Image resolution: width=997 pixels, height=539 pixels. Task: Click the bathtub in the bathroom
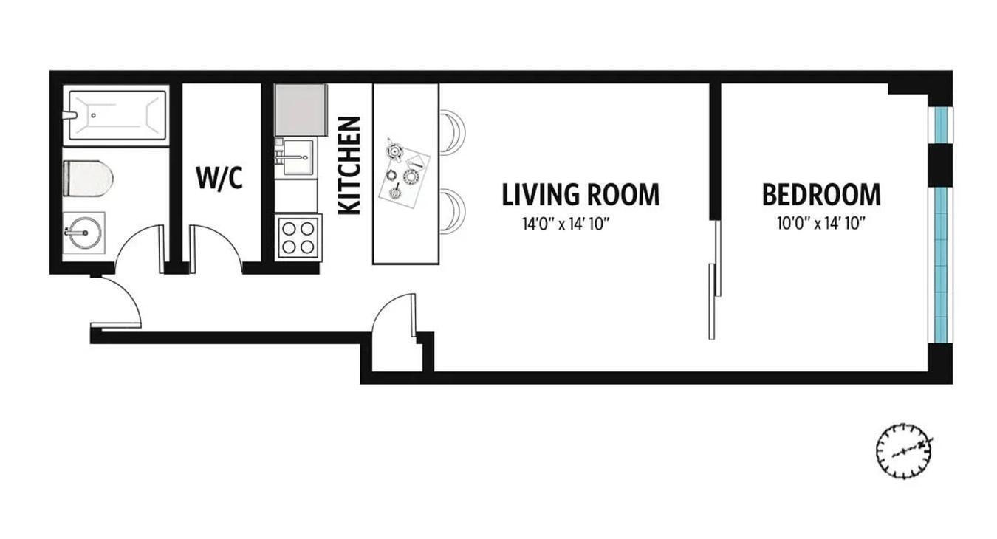pos(116,114)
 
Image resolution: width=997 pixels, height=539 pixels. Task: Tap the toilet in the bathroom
pos(88,179)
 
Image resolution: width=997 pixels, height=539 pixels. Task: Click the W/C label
pos(219,178)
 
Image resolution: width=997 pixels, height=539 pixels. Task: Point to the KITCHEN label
pos(349,165)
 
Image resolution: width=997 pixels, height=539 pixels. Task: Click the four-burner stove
pos(298,237)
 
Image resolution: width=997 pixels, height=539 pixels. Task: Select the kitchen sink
pos(298,158)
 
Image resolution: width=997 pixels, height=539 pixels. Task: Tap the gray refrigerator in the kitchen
pos(301,109)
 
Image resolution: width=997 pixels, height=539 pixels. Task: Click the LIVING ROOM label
pos(580,195)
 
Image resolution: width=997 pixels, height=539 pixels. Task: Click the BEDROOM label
pos(821,195)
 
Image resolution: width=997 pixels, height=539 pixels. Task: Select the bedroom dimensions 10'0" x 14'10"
pos(820,224)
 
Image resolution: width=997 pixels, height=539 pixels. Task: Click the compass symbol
pos(904,450)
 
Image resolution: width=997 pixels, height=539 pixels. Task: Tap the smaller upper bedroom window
pos(941,125)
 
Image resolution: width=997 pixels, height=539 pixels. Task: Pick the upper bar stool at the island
pos(453,132)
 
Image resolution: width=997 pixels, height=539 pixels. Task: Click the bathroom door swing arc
pos(137,246)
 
